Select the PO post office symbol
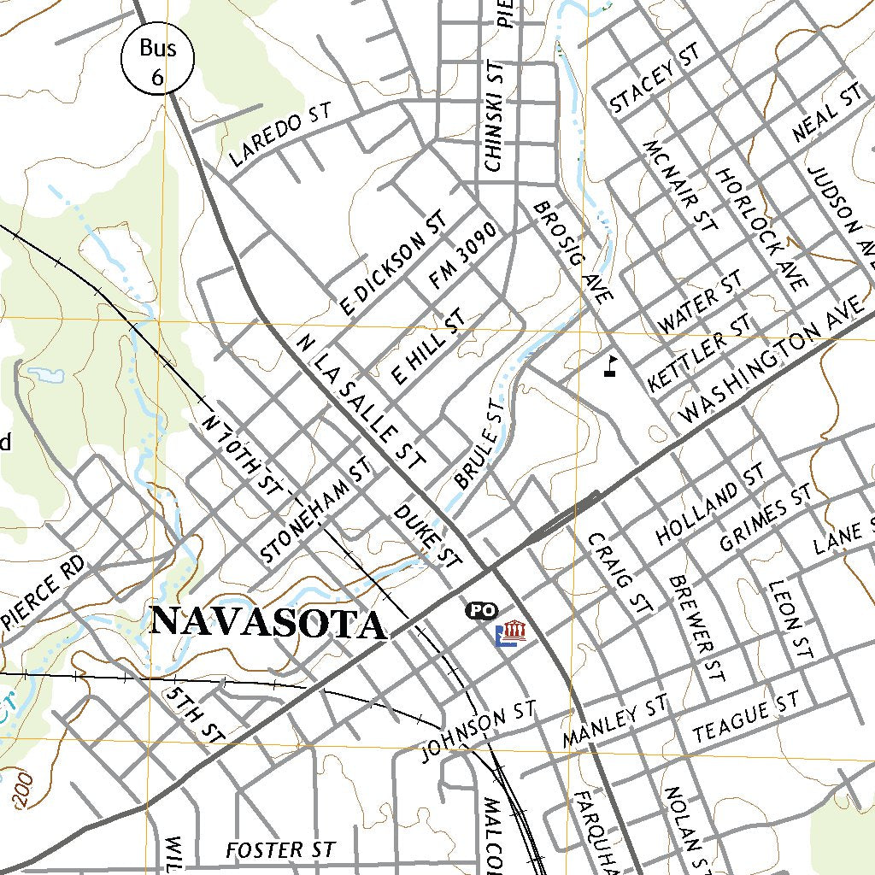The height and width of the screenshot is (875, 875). click(482, 610)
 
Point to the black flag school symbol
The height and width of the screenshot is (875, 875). click(610, 366)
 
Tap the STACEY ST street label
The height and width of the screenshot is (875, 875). click(655, 79)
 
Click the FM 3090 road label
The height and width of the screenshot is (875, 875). click(463, 255)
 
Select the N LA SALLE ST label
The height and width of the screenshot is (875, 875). click(360, 402)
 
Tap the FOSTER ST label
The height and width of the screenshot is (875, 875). click(280, 850)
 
